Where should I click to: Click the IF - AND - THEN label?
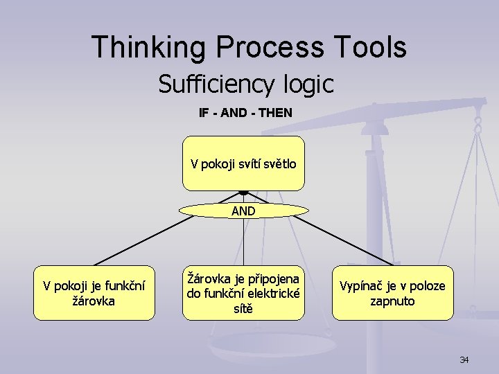click(245, 112)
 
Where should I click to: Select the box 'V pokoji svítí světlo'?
click(243, 163)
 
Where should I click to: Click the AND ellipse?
click(243, 211)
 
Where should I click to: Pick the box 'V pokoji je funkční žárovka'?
click(94, 293)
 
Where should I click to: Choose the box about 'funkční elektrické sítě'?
click(243, 293)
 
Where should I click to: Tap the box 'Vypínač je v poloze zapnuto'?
click(392, 293)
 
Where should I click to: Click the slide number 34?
click(464, 360)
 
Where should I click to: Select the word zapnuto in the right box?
click(392, 301)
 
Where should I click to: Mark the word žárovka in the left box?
click(94, 301)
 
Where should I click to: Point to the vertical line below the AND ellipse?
click(243, 242)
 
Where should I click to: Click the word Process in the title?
click(270, 48)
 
